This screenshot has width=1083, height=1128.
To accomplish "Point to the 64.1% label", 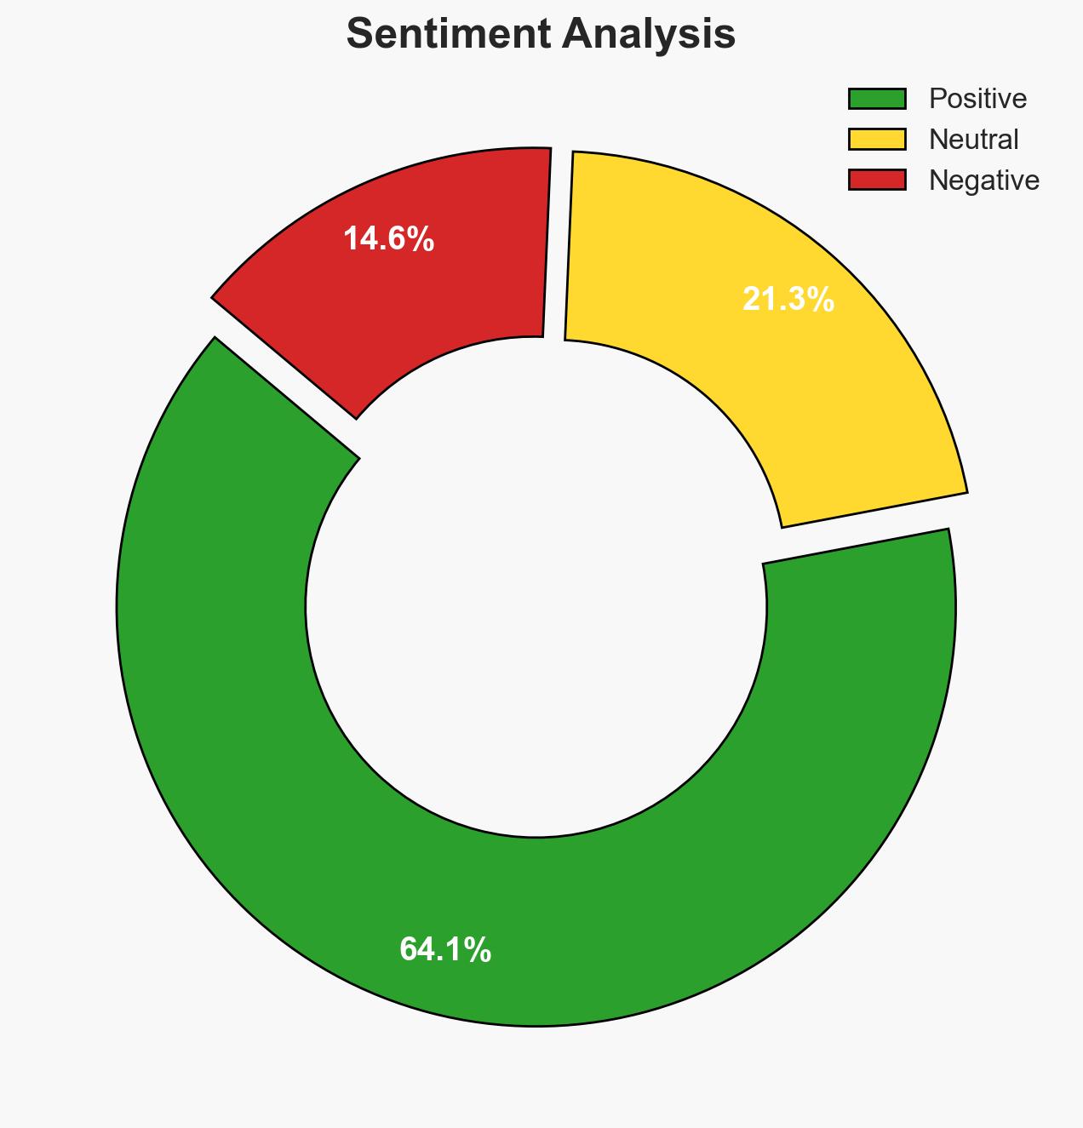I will pos(445,950).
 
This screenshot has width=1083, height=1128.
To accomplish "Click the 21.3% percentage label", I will pos(788,300).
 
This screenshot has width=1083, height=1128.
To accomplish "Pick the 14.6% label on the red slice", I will pos(389,240).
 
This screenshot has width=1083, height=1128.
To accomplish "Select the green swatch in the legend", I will pos(877,99).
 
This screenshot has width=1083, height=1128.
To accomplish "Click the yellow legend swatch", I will pos(877,139).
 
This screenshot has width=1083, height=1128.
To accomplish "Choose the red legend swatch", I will pos(877,180).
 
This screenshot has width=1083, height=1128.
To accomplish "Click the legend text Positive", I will pos(977,99).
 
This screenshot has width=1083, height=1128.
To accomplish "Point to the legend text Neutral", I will pos(973,139).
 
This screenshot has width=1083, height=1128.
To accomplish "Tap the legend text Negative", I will pos(984,180).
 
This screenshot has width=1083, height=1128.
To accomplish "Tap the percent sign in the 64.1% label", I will pos(478,950).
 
